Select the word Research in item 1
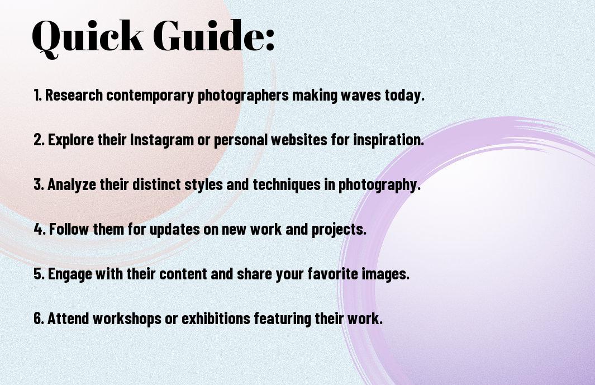[74, 95]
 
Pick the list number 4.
[39, 229]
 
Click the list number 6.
[38, 319]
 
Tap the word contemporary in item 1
[150, 95]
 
